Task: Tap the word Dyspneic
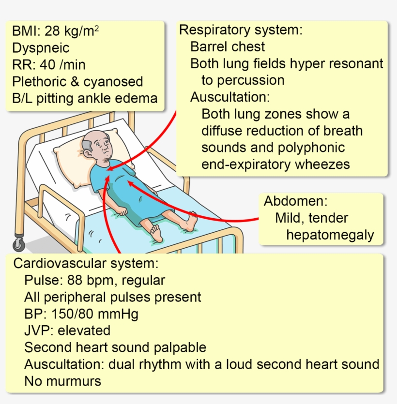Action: tap(41, 48)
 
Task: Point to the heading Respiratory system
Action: tap(241, 30)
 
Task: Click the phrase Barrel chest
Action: tap(228, 47)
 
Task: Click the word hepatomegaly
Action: tap(330, 235)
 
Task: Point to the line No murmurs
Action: tap(63, 381)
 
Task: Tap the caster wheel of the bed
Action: tap(19, 244)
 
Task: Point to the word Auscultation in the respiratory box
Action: tap(229, 97)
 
